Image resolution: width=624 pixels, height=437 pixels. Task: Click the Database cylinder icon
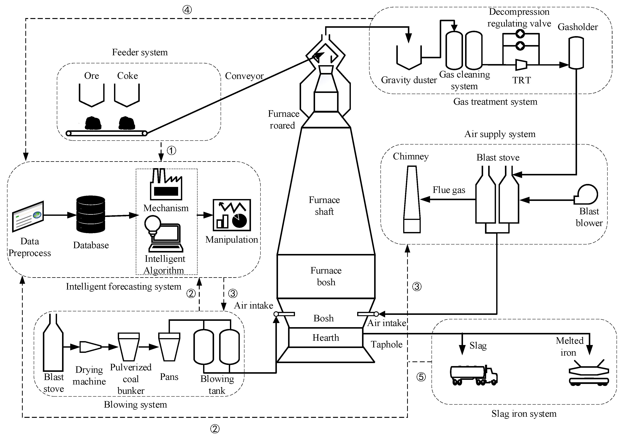tap(91, 214)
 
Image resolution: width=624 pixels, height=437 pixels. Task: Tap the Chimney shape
tap(412, 200)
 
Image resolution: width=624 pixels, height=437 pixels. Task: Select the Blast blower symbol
tap(587, 195)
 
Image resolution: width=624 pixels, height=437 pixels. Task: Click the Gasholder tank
tap(576, 53)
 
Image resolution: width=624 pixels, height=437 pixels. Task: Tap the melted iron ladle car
tap(589, 374)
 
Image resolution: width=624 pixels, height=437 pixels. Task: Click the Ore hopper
tap(92, 95)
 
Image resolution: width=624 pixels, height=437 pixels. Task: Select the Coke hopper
tap(127, 95)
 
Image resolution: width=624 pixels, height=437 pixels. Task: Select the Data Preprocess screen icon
tap(28, 217)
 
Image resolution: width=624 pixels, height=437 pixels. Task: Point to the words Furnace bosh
tap(326, 276)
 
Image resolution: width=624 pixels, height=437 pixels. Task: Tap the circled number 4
tap(187, 10)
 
